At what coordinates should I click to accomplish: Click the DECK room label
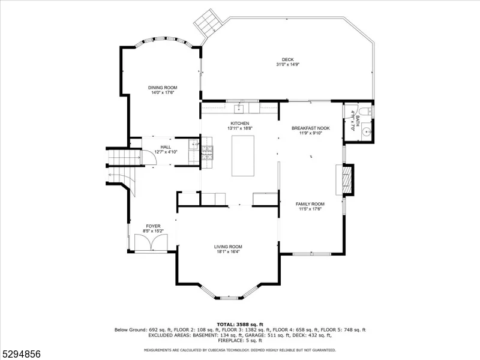(x=287, y=59)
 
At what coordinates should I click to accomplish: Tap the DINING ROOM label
(x=163, y=88)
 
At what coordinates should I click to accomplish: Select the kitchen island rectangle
(x=243, y=156)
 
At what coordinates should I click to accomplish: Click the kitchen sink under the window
(x=239, y=109)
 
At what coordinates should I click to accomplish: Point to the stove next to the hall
(x=207, y=152)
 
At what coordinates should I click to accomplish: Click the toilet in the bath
(x=366, y=111)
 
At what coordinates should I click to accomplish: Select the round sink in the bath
(x=367, y=131)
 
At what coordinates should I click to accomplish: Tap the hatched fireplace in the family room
(x=347, y=179)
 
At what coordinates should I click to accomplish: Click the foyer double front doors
(x=151, y=242)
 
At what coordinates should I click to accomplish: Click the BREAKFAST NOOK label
(x=310, y=128)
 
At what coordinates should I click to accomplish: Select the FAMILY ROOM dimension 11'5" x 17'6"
(x=310, y=209)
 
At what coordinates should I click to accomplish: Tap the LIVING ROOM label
(x=228, y=247)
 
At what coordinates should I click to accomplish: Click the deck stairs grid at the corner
(x=208, y=23)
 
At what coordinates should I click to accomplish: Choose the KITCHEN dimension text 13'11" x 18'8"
(x=239, y=128)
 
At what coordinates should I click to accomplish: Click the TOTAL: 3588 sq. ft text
(x=240, y=325)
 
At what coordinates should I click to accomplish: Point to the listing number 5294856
(x=20, y=354)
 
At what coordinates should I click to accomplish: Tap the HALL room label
(x=166, y=147)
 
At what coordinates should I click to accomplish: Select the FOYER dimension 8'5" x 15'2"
(x=153, y=231)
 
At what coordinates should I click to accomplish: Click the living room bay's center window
(x=229, y=297)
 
